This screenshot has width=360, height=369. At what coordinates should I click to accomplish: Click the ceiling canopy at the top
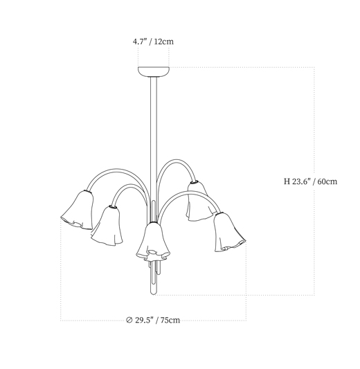[154, 72]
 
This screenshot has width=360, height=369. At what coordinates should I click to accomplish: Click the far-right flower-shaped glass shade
[228, 232]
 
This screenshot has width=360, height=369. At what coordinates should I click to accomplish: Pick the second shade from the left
[108, 226]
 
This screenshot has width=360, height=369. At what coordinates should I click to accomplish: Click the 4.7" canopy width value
[140, 42]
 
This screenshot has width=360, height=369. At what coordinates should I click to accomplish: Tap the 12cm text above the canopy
[164, 42]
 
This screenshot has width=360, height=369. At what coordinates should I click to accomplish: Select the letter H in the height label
[287, 181]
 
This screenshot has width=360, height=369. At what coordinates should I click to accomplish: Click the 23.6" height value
[302, 181]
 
